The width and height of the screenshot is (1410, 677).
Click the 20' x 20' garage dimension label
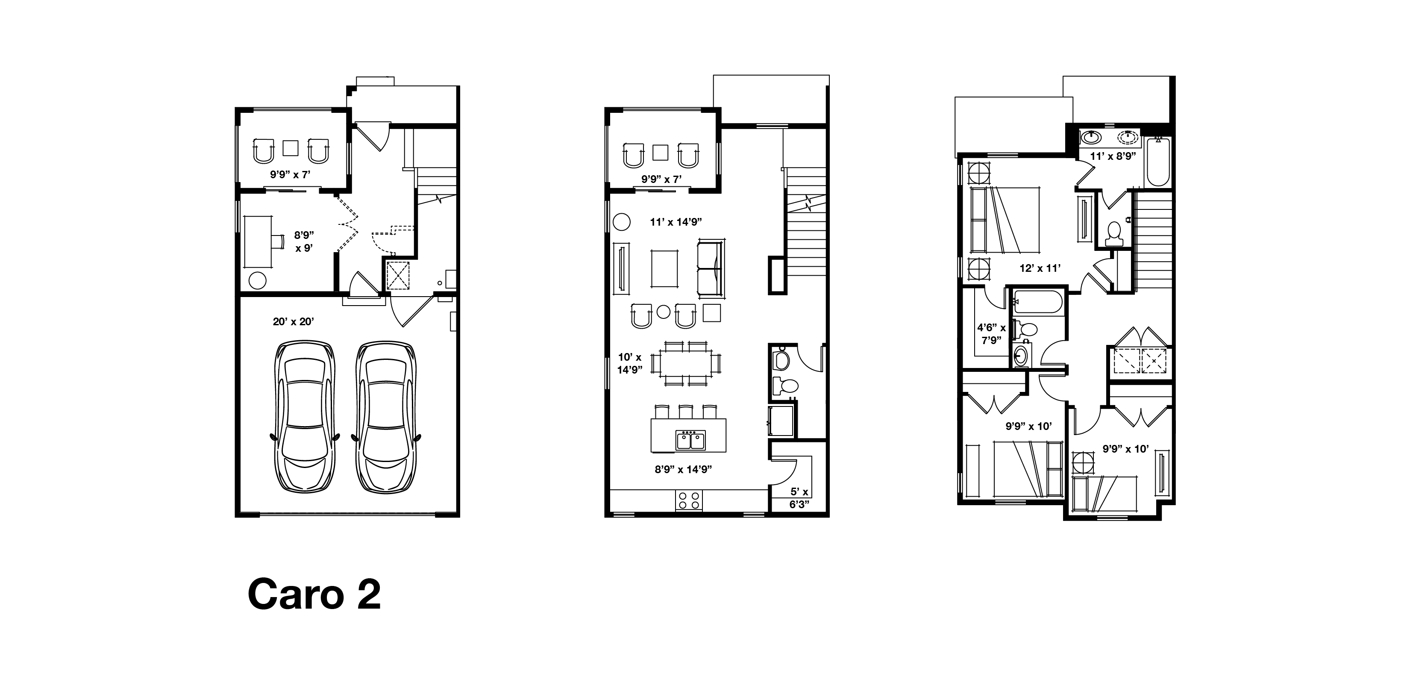point(294,321)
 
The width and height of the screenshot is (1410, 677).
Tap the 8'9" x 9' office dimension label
point(304,241)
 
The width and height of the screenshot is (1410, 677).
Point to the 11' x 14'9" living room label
point(676,222)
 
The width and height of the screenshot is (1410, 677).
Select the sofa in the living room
point(711,269)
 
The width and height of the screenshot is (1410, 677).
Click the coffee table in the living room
point(664,268)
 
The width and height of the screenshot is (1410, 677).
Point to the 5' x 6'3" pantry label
point(799,497)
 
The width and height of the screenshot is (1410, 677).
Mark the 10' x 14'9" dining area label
point(629,364)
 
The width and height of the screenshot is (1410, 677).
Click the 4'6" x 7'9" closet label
point(991,333)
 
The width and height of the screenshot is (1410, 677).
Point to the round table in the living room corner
point(621,222)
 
